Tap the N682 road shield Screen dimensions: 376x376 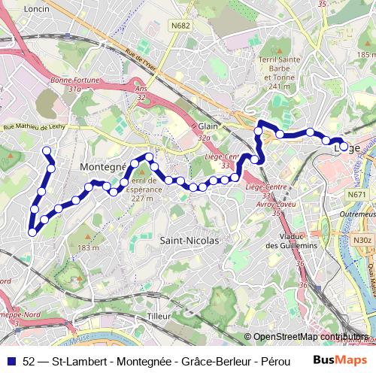pyautogui.click(x=180, y=25)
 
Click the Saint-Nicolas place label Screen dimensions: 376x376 pyautogui.click(x=189, y=241)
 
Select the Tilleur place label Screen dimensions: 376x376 pyautogui.click(x=159, y=317)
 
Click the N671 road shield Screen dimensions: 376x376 pyautogui.click(x=356, y=195)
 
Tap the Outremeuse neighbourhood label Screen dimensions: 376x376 pyautogui.click(x=356, y=214)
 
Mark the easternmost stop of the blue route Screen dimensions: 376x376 pyautogui.click(x=344, y=147)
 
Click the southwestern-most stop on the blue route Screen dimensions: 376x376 pyautogui.click(x=32, y=232)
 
